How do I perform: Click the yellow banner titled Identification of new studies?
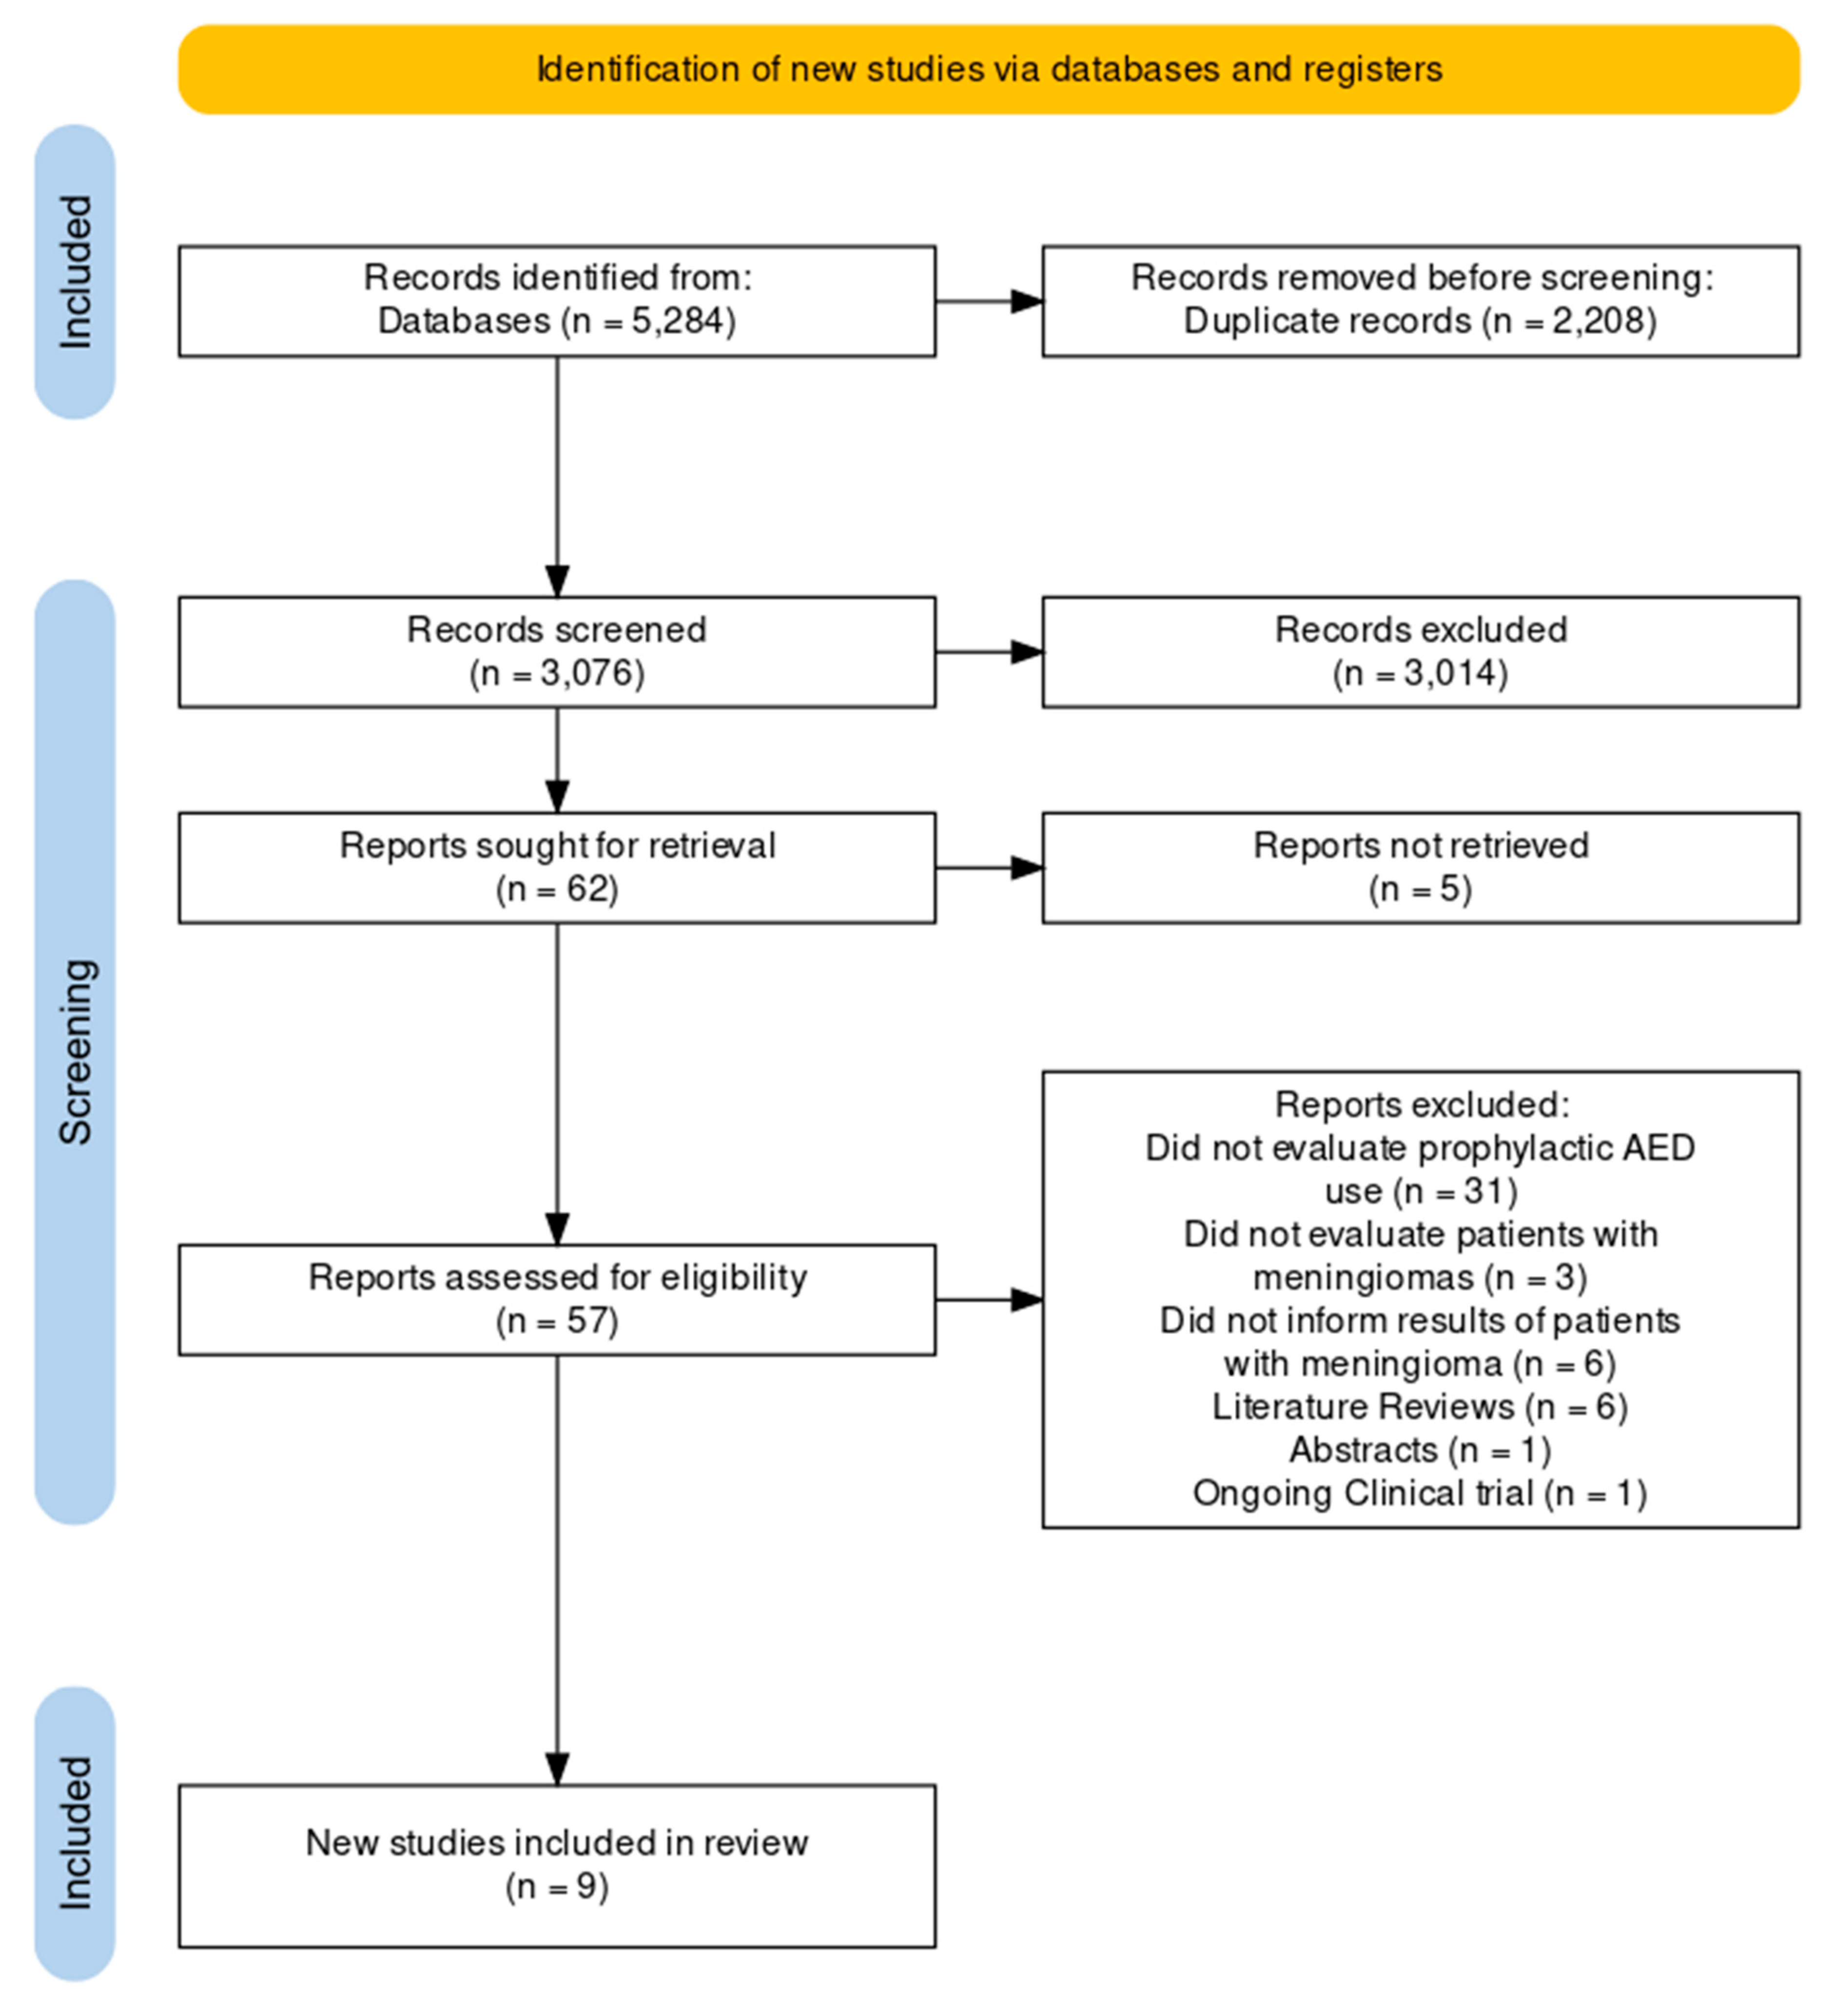point(989,70)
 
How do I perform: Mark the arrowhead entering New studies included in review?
point(557,1768)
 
